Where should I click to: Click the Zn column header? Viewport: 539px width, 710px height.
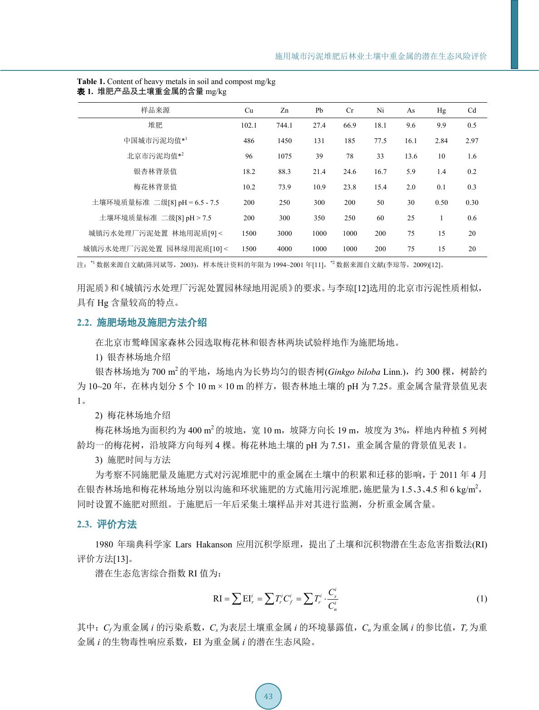point(284,110)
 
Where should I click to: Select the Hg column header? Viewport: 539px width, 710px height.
point(441,110)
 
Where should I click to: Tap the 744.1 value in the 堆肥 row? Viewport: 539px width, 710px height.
point(284,125)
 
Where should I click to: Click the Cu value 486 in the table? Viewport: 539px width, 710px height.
point(249,141)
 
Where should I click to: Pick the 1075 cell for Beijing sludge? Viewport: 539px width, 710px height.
point(284,156)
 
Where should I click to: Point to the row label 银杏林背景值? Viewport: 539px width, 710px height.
point(155,172)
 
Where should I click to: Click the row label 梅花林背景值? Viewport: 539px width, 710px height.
point(155,187)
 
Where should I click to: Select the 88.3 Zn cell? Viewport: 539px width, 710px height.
point(284,172)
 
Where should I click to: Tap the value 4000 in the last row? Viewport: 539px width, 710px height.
point(284,249)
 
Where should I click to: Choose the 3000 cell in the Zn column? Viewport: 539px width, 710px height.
point(284,233)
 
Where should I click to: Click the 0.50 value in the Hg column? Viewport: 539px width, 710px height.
point(441,203)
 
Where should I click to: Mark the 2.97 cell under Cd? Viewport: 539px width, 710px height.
point(472,141)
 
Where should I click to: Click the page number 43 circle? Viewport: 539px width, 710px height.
point(268,696)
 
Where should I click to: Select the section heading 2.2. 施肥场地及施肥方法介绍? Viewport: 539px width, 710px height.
point(142,323)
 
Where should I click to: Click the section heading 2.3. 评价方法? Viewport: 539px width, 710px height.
point(107,524)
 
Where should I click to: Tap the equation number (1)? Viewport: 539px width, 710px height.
point(481,598)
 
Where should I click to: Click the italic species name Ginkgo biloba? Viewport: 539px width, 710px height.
point(354,372)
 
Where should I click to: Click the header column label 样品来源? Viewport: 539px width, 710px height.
point(155,110)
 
